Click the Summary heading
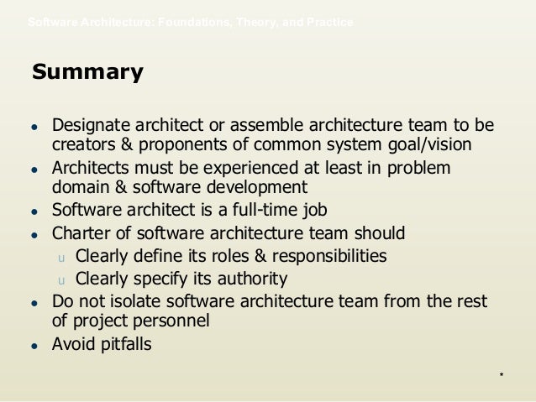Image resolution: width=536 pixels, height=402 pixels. [x=87, y=73]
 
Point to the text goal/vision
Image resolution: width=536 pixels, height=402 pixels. [x=423, y=144]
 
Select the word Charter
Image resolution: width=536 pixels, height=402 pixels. [x=81, y=232]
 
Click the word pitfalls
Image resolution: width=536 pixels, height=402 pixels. [x=123, y=343]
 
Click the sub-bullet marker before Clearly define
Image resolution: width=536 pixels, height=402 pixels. [x=60, y=257]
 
